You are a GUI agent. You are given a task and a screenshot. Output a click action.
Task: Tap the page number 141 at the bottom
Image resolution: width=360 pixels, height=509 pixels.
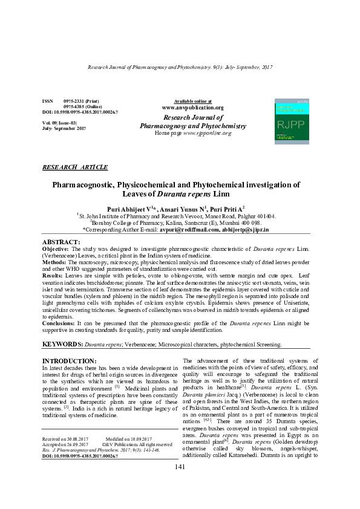point(180,484)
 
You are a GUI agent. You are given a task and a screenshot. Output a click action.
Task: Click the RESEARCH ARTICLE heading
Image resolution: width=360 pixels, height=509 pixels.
point(75,167)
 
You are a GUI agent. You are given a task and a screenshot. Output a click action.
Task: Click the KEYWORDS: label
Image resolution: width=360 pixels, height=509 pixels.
point(62,344)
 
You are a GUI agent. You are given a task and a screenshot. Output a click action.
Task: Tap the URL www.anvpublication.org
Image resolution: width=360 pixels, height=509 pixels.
point(193,108)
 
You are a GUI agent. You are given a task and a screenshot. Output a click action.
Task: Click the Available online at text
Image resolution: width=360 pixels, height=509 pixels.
point(193,100)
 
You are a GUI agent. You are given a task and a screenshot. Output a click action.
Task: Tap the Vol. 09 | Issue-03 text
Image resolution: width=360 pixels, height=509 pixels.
point(59,123)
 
